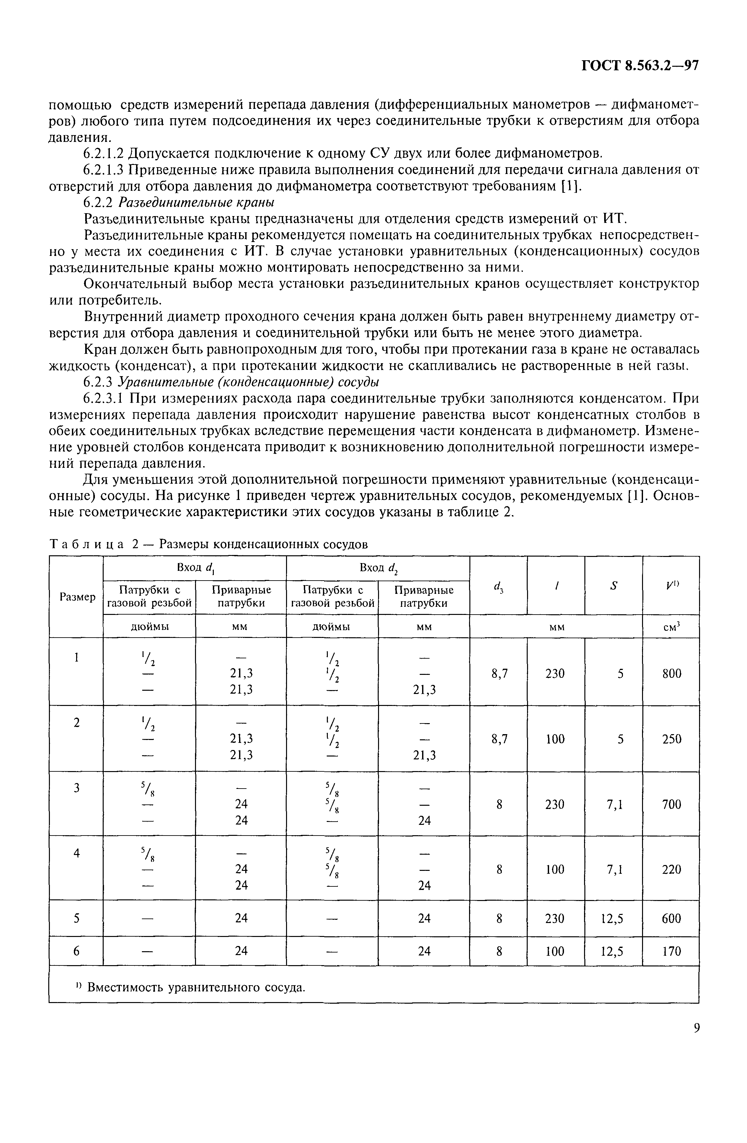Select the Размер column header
(77, 597)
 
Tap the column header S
(613, 585)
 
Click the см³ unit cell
(671, 627)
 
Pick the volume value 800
(671, 673)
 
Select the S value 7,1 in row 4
(613, 869)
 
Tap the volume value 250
(671, 739)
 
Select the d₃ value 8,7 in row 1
(499, 673)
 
